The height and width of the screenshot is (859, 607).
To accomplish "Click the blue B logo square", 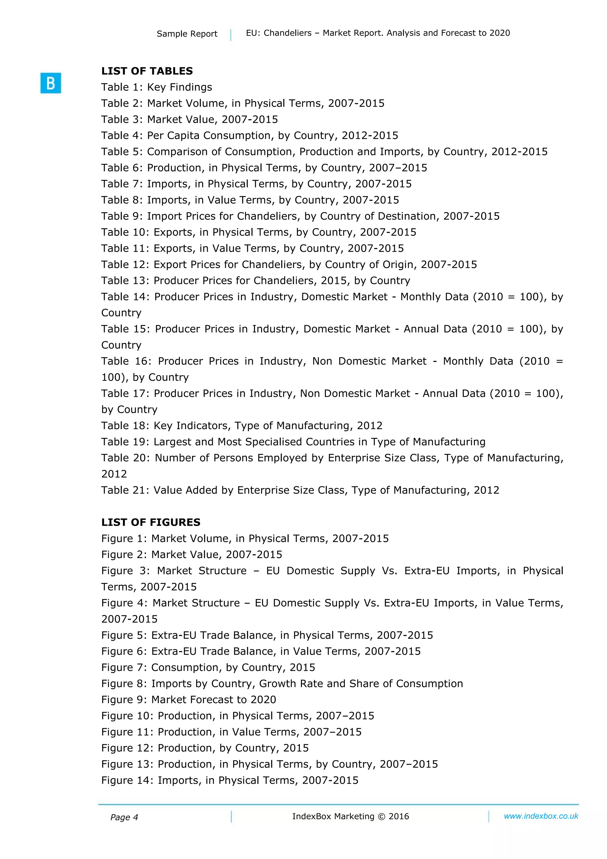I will pos(50,83).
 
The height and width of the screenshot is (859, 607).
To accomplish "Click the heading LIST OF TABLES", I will pos(147,71).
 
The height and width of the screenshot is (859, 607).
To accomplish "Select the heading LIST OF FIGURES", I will pos(151,522).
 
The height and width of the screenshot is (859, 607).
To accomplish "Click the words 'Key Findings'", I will pos(180,87).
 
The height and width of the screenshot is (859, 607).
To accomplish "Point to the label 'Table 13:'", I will pos(125,281).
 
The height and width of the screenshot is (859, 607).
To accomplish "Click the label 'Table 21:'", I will pos(125,490).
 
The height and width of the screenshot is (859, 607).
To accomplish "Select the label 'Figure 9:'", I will pos(124,699).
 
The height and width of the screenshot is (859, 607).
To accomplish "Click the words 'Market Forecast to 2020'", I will pos(214,699).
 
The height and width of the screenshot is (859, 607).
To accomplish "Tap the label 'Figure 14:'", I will pos(127,780).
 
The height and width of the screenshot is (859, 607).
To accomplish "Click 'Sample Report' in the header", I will pos(187,34).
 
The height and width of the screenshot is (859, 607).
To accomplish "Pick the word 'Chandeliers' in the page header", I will pos(287,33).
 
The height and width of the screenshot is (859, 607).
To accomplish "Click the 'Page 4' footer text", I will pos(124,817).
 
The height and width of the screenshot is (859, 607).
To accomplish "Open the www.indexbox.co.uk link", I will pos(541,816).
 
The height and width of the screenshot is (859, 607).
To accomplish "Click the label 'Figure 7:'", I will pos(124,667).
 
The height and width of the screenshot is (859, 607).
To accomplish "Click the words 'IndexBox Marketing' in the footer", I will pos(333,817).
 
